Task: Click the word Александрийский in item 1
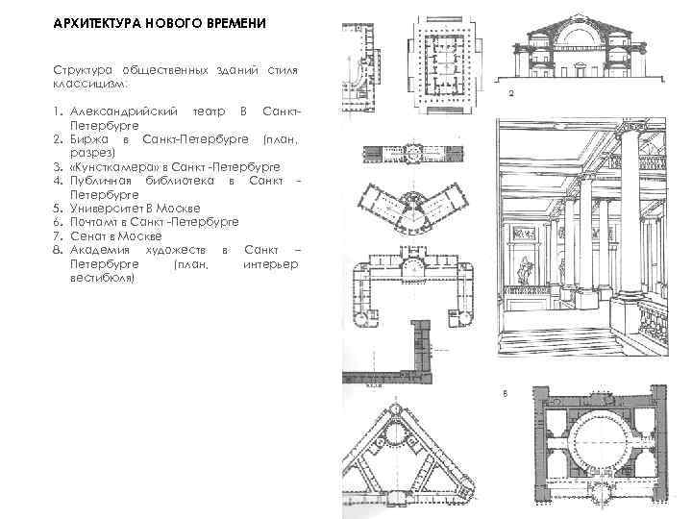click(x=122, y=113)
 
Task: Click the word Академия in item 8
click(x=102, y=250)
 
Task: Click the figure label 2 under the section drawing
click(x=511, y=94)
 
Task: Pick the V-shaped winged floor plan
click(x=414, y=208)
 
